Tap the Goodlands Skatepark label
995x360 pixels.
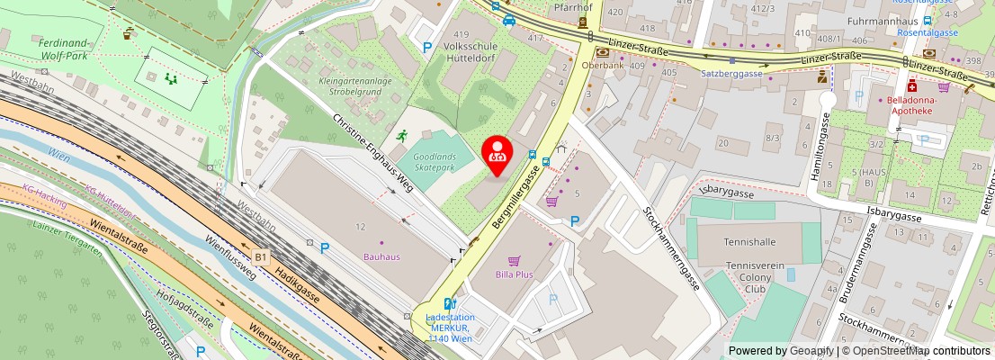(x=435, y=162)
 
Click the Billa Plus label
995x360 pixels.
(x=514, y=273)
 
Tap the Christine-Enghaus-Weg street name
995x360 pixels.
(x=372, y=154)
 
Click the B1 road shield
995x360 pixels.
(x=261, y=258)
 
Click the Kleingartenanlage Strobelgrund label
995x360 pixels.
(x=354, y=86)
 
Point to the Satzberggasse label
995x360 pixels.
(x=731, y=74)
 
